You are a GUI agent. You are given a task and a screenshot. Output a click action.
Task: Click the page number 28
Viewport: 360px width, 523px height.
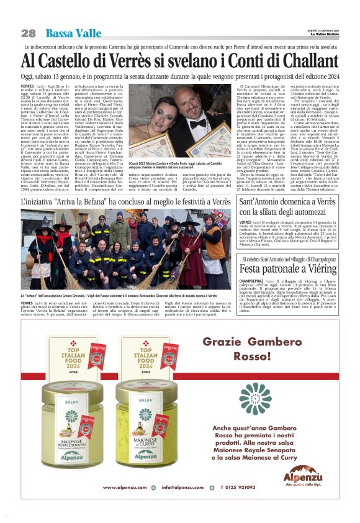coord(28,33)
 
